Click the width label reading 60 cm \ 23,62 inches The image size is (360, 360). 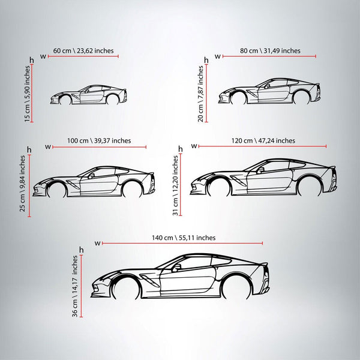point(83,51)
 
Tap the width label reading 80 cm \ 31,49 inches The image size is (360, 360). point(270,51)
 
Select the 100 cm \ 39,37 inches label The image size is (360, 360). point(99,141)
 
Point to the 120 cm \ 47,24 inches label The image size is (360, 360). point(263,141)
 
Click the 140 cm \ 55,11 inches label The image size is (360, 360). point(184,238)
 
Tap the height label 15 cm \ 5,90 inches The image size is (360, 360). point(27,94)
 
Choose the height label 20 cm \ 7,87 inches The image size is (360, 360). point(200,94)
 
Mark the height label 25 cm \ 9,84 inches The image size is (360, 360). point(22,184)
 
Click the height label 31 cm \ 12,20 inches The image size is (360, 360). point(175,185)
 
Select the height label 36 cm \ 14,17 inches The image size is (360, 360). point(75,286)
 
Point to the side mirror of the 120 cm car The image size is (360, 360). point(260,170)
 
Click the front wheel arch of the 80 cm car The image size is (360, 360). point(239,97)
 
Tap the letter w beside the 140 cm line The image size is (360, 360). point(97,244)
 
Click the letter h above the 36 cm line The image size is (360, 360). point(81,250)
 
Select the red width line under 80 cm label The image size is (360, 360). point(269,56)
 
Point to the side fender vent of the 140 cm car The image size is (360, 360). point(149,280)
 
